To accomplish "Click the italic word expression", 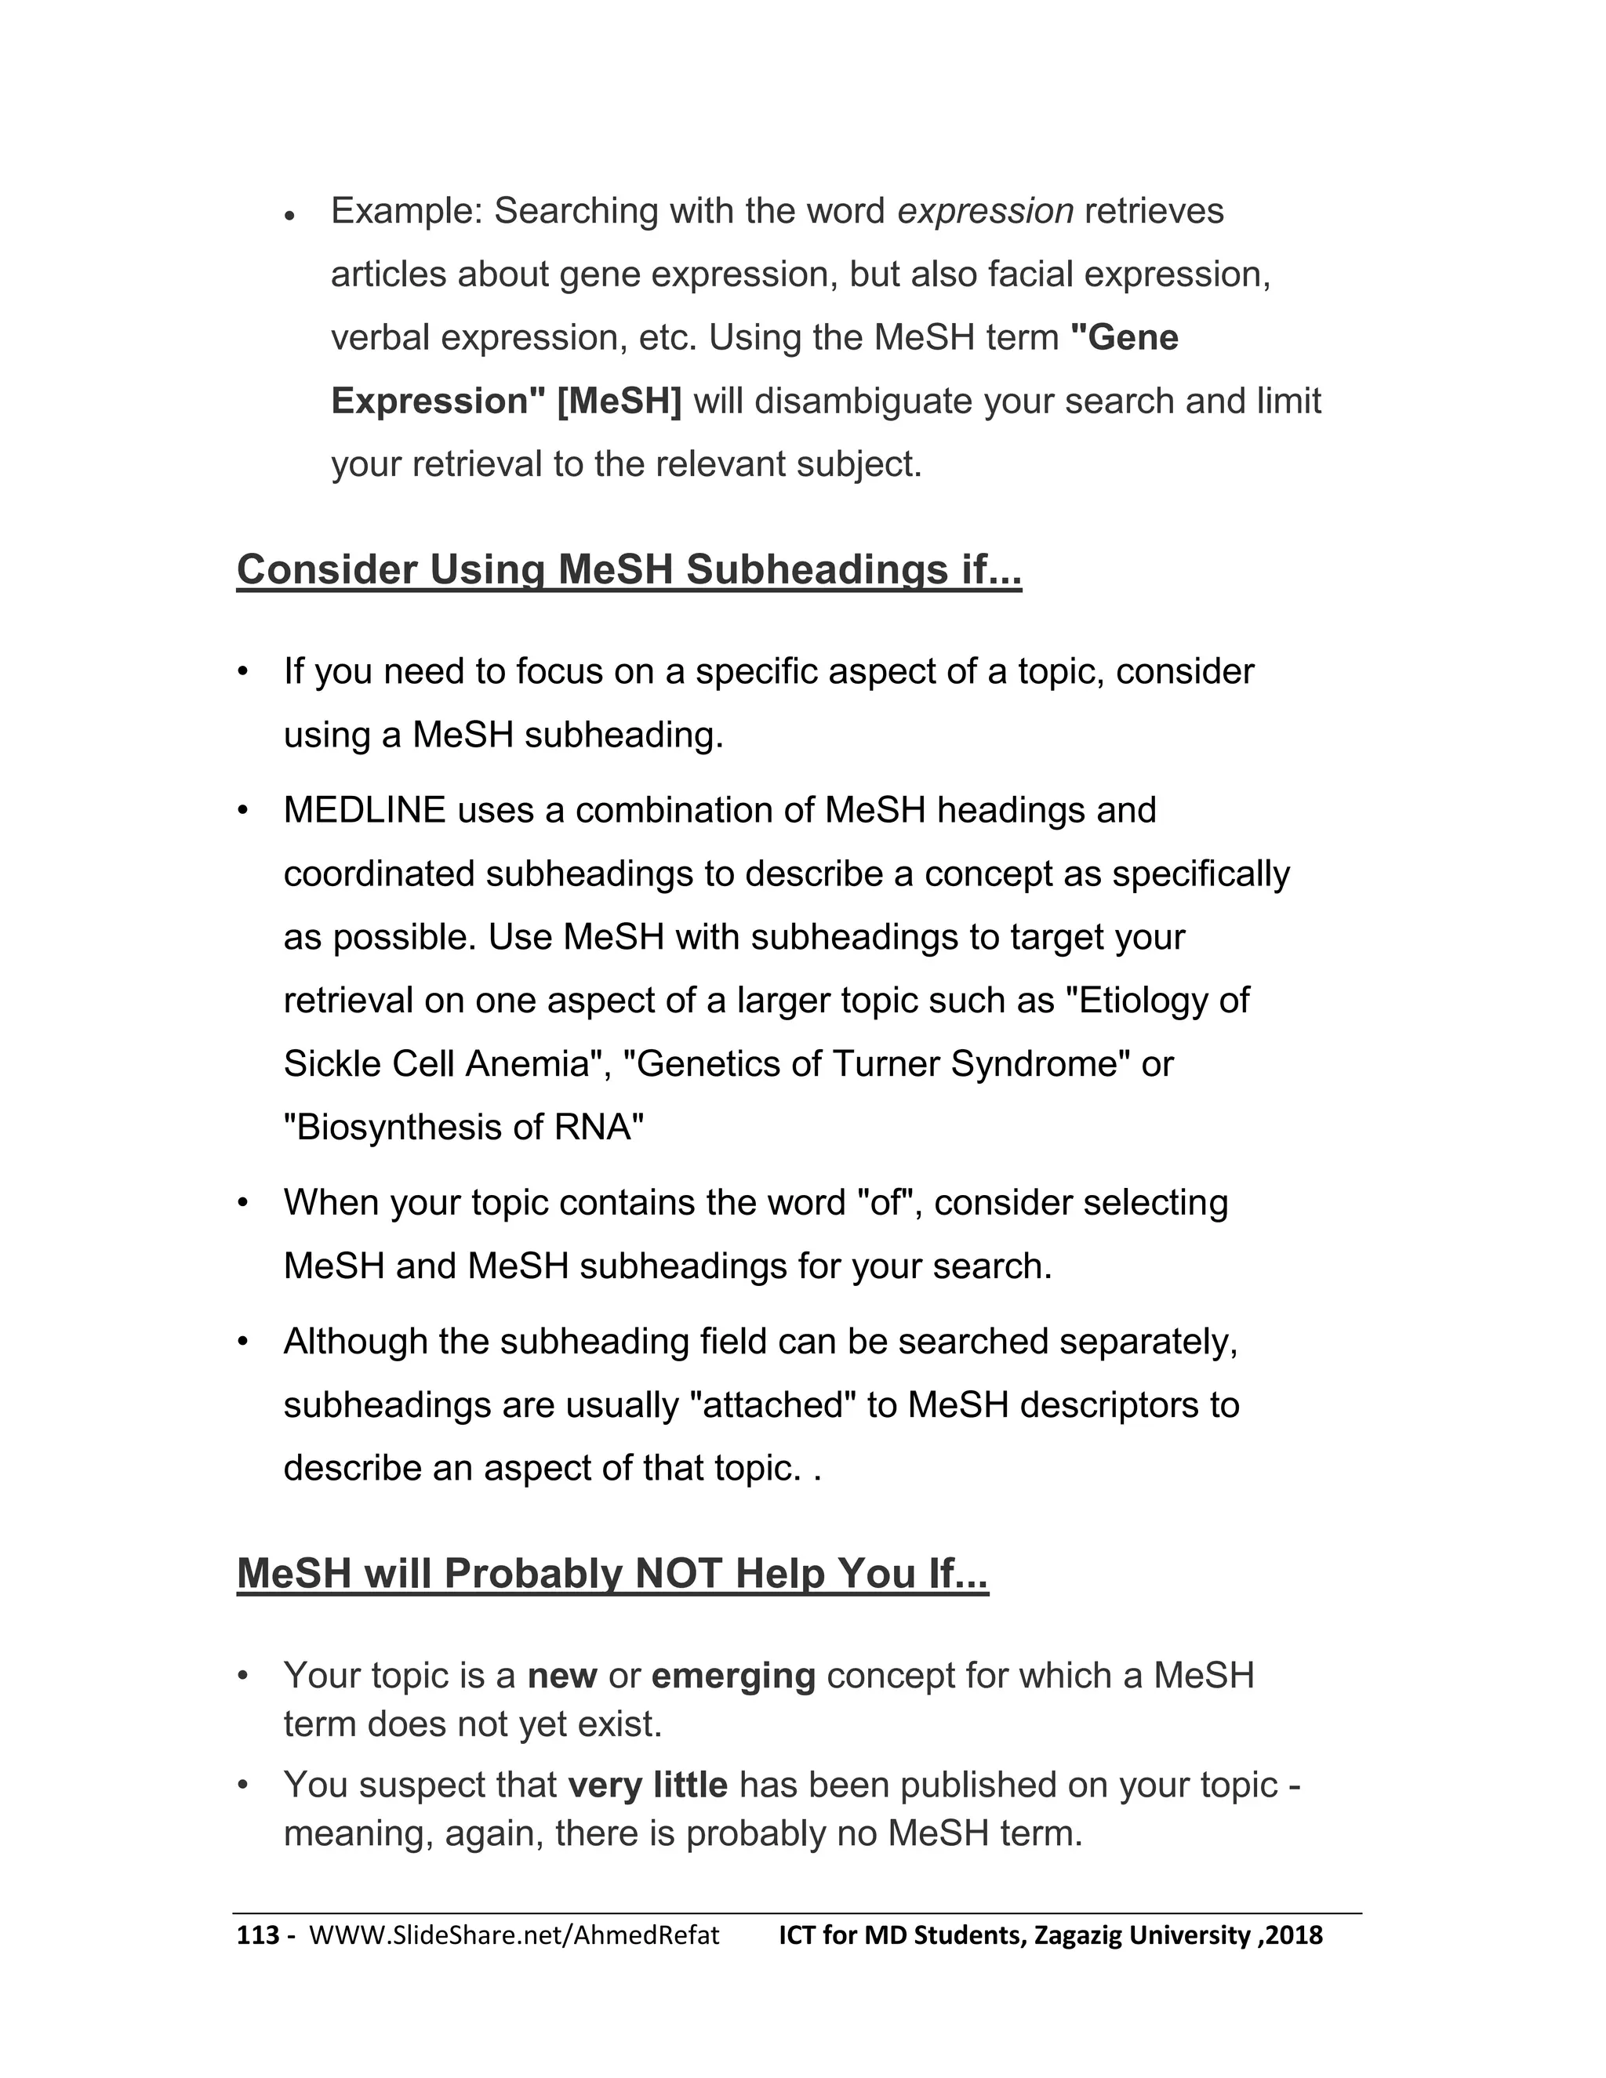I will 985,211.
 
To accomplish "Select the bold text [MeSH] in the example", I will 620,401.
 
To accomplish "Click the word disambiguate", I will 865,401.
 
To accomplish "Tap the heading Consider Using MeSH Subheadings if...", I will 628,570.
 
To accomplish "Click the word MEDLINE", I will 365,811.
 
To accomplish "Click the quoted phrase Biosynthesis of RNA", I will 463,1128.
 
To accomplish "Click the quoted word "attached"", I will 772,1405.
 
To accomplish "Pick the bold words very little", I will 647,1785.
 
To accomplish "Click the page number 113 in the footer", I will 257,1936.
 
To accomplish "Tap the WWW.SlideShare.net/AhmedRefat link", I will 514,1936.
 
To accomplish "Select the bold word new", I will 561,1676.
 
